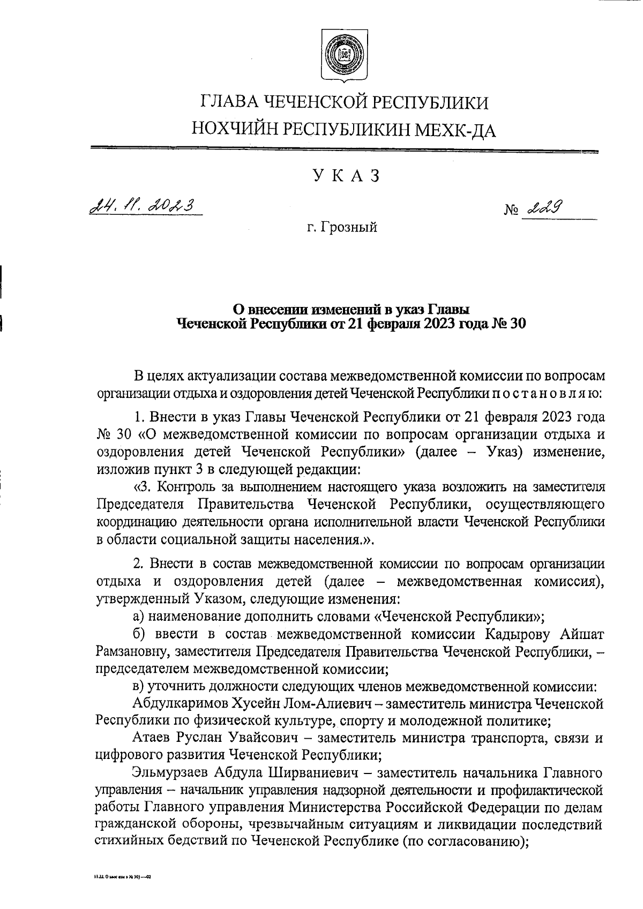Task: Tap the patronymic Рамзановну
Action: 129,652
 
